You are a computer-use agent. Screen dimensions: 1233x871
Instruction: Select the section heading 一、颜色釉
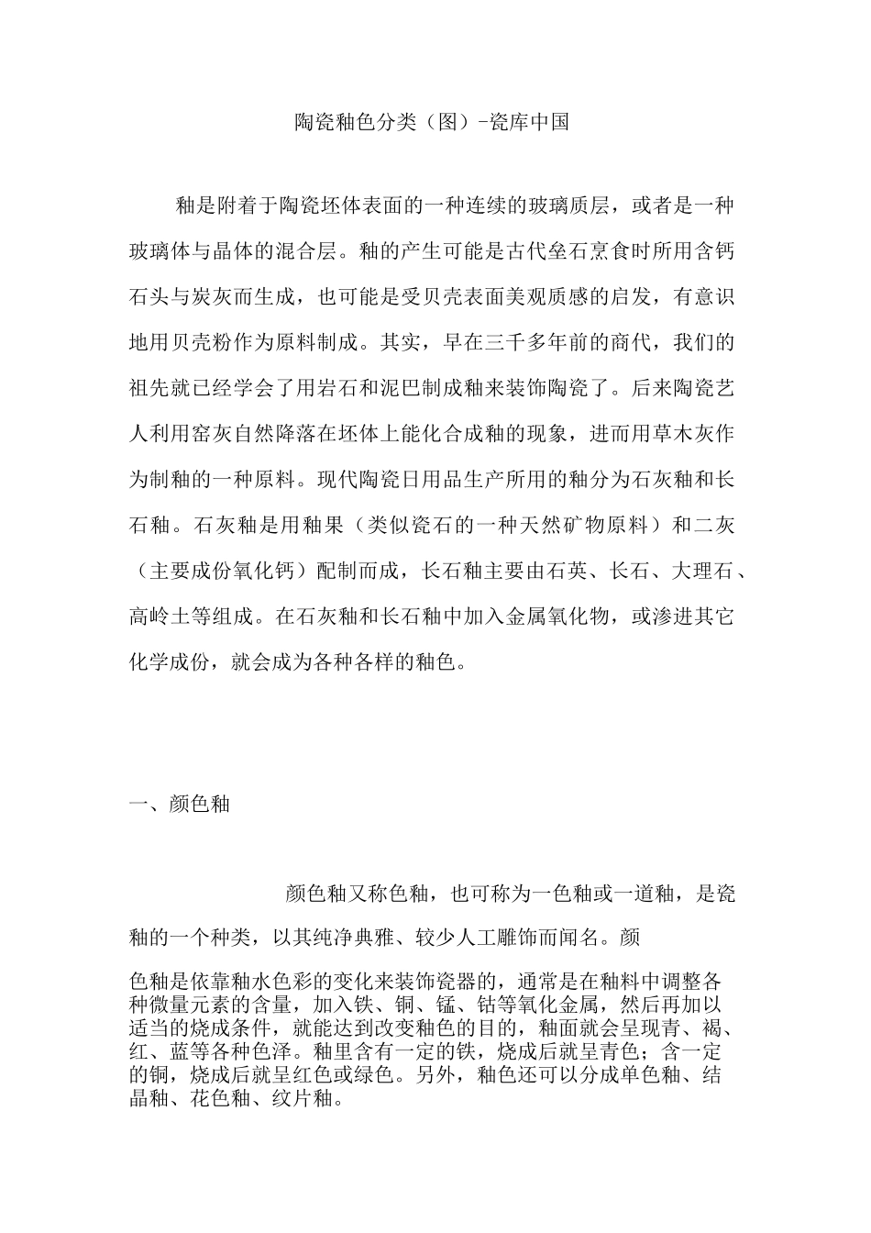coord(179,805)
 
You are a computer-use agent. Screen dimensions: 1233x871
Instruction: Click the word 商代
coord(631,343)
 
